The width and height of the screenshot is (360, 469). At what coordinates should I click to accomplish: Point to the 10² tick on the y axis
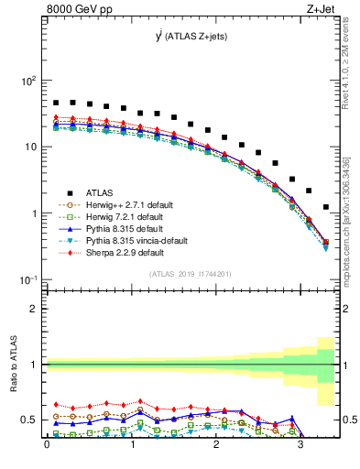tap(27, 81)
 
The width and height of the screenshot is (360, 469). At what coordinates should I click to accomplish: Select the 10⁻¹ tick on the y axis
tap(27, 279)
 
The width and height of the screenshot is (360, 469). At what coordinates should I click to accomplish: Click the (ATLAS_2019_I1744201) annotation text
tap(190, 274)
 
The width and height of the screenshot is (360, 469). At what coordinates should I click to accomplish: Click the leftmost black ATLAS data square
tap(56, 104)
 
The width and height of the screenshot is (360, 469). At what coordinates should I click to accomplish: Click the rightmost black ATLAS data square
tap(326, 207)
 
